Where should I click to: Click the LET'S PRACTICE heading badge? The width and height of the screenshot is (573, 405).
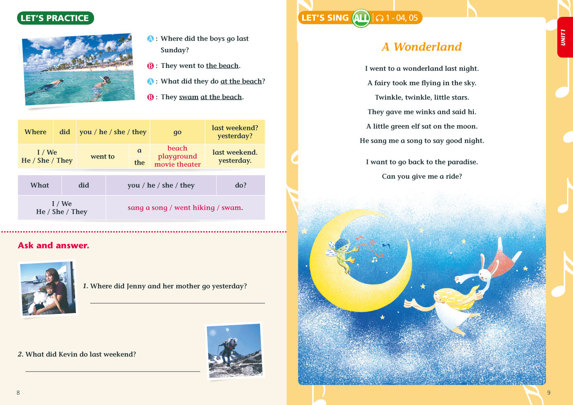point(55,18)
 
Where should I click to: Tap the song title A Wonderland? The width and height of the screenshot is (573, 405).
point(422,47)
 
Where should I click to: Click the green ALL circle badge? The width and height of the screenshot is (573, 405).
point(361,18)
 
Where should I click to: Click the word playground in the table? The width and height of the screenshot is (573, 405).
point(177,156)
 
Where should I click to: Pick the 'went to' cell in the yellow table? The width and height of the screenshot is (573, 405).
point(103,157)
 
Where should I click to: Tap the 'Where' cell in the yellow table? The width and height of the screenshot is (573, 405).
point(35,132)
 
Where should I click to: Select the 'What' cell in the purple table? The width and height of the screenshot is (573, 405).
point(40,185)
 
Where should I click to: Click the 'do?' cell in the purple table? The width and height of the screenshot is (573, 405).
point(241,185)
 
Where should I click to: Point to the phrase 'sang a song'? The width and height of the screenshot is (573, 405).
point(147,208)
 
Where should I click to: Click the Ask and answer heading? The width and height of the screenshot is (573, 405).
point(54,246)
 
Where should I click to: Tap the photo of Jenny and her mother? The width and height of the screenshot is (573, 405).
point(49,289)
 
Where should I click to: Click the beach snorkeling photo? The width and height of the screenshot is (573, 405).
point(78,69)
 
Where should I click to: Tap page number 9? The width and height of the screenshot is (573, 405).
point(549,392)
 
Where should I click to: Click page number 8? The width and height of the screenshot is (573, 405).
point(18,393)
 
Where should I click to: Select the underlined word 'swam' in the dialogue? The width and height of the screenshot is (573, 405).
point(189,97)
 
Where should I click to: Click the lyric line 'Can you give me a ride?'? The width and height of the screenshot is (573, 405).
point(422,176)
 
